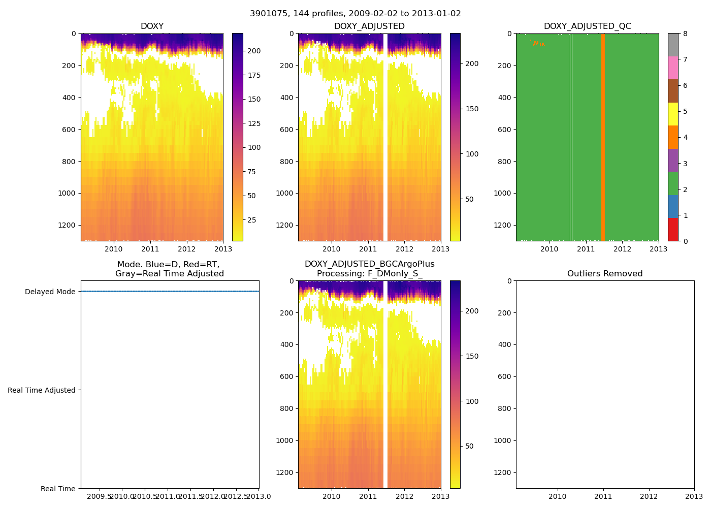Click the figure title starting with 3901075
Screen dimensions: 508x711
[355, 14]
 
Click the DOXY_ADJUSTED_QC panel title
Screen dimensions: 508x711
[587, 26]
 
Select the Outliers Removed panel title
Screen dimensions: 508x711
[604, 274]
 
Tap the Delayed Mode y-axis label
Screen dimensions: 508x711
[50, 292]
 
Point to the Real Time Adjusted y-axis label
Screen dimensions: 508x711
[42, 390]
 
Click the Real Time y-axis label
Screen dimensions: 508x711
[58, 489]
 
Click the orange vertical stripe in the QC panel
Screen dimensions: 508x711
[603, 137]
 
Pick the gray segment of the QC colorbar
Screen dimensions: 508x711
[673, 45]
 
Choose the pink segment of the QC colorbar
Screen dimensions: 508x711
[673, 68]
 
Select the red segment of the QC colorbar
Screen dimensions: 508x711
[673, 230]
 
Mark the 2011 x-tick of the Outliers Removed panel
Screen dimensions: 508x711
[603, 496]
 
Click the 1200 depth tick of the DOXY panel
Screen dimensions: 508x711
[68, 225]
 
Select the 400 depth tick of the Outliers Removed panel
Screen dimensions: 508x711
[503, 345]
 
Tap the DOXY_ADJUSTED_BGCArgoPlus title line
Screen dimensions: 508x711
[369, 264]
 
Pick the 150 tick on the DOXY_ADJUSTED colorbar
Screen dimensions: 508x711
[472, 109]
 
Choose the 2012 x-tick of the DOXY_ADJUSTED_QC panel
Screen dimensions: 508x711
[622, 249]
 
